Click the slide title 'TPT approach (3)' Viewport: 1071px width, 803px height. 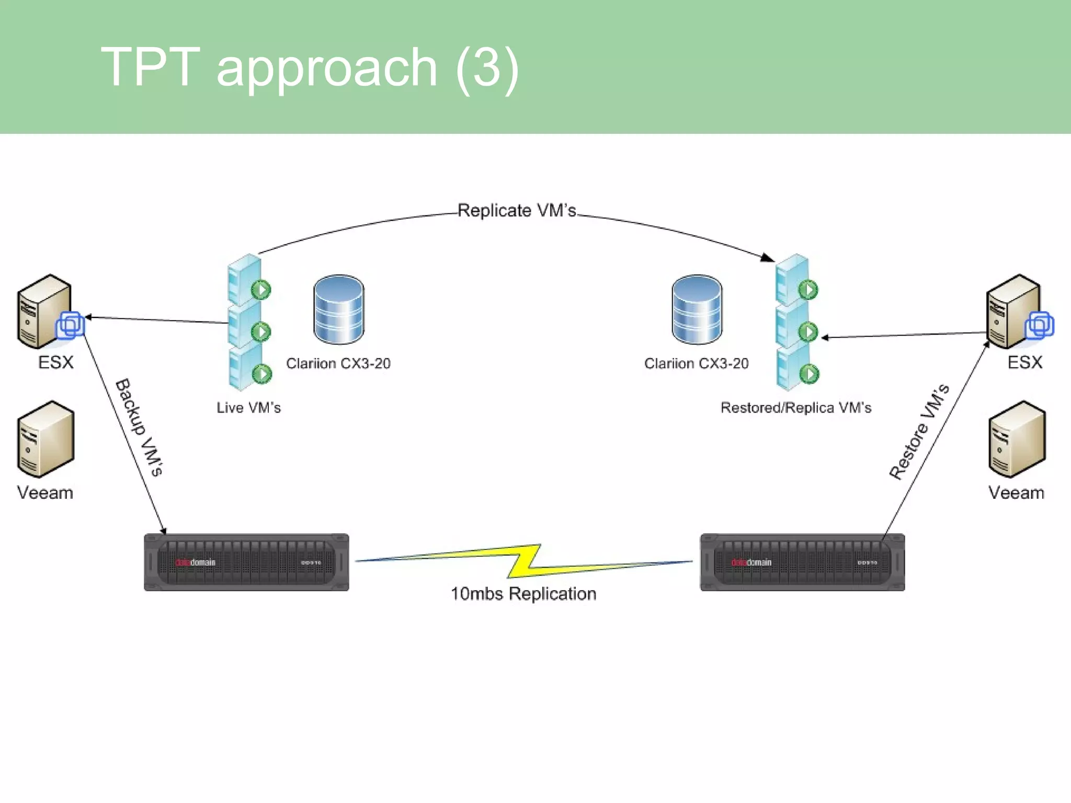[310, 67]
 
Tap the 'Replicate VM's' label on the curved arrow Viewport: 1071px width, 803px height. [517, 210]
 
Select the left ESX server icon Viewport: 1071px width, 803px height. [46, 312]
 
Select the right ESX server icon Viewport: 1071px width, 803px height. [1015, 312]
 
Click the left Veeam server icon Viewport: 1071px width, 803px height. [46, 439]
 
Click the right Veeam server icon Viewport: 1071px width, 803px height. [1017, 439]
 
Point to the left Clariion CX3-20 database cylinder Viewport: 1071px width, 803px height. [339, 309]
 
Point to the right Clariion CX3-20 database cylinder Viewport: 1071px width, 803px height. [697, 309]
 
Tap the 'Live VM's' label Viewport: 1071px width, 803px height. [249, 408]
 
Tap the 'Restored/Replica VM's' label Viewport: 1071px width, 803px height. [796, 408]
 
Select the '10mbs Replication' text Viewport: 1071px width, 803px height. [523, 594]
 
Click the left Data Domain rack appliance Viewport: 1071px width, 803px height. [246, 563]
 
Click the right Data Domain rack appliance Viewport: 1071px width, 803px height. [802, 563]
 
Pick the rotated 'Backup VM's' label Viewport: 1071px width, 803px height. [139, 427]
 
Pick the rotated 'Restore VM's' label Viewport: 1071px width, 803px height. [919, 432]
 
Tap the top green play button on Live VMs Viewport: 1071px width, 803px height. [261, 289]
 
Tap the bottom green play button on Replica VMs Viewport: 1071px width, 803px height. [810, 374]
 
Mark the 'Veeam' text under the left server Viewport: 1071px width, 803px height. [45, 493]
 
